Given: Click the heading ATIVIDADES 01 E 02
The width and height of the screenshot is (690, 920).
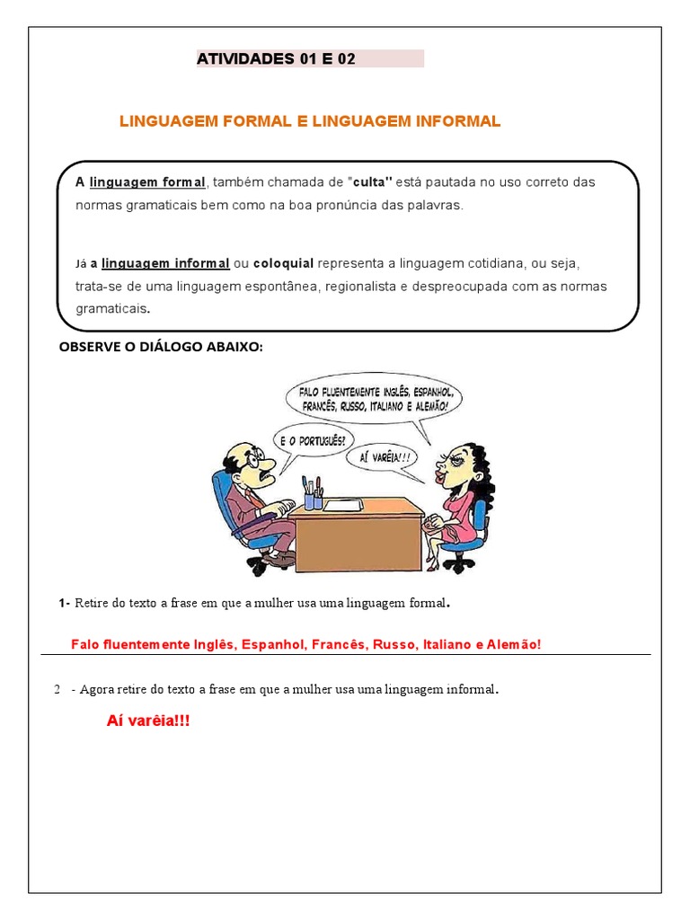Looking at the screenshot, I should (276, 60).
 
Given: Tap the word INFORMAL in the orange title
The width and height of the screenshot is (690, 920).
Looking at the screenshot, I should (450, 120).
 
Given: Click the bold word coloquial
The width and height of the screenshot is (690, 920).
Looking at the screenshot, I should (283, 263).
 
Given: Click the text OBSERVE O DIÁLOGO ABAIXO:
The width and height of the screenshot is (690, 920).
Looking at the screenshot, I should (161, 348).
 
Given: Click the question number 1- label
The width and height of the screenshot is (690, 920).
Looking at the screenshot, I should (65, 603).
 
